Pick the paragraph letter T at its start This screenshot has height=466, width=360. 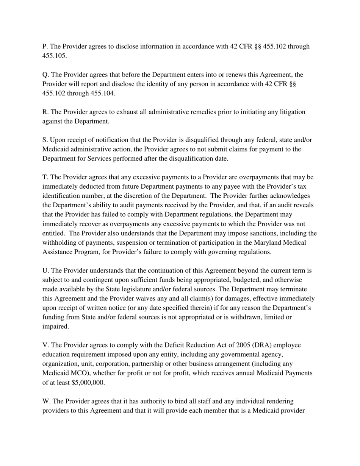45,177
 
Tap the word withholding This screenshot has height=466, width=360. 60,242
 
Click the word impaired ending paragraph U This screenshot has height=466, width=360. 55,326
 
